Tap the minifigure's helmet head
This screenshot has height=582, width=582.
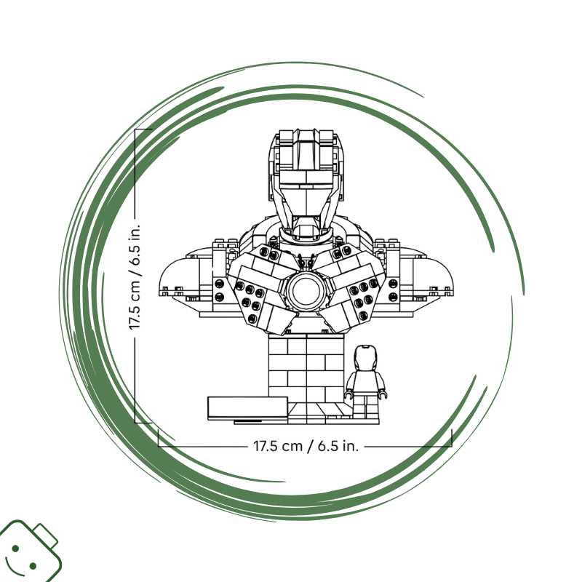[365, 358]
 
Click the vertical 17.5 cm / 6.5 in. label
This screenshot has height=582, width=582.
[135, 276]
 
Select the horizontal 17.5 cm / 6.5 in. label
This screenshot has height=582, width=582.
[306, 445]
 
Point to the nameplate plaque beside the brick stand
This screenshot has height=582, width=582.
[247, 408]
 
